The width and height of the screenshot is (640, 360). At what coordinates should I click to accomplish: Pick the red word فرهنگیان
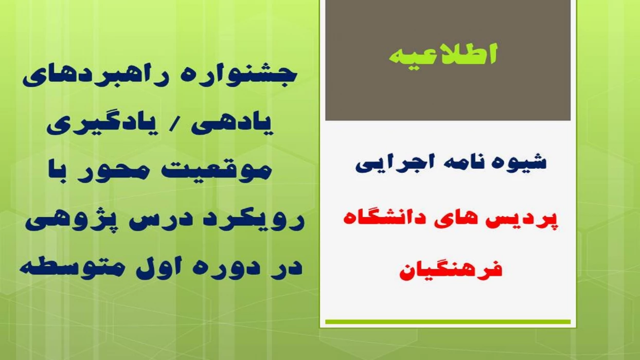point(450,269)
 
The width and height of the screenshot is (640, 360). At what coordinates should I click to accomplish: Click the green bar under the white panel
point(448,322)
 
